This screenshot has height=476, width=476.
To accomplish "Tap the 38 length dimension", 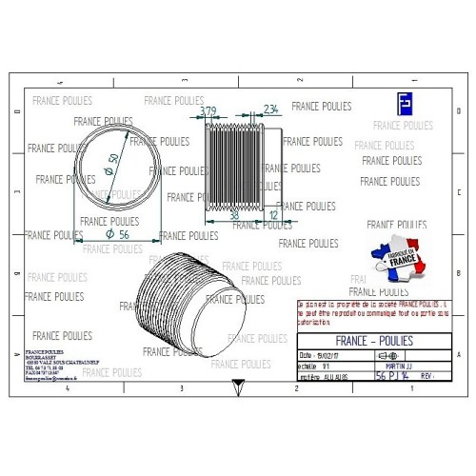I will point(234,215).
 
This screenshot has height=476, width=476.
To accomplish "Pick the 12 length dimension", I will point(275,215).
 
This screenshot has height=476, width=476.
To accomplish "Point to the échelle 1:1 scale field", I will point(318,365).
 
